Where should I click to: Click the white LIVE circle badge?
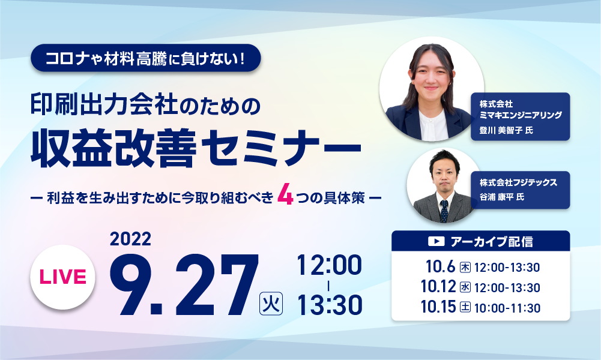pyautogui.click(x=62, y=277)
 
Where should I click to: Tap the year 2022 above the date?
pyautogui.click(x=130, y=239)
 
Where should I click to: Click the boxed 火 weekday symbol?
pyautogui.click(x=271, y=304)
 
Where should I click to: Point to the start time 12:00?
pyautogui.click(x=329, y=265)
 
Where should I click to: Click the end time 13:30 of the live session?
pyautogui.click(x=330, y=305)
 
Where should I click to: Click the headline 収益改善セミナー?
pyautogui.click(x=196, y=148)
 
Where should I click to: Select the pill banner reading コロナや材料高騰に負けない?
pyautogui.click(x=146, y=58)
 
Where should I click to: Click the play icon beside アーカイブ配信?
pyautogui.click(x=436, y=241)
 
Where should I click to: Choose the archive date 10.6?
pyautogui.click(x=440, y=266)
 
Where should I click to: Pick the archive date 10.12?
pyautogui.click(x=438, y=287)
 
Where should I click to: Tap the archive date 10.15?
pyautogui.click(x=438, y=307)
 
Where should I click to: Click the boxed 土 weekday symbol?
pyautogui.click(x=465, y=308)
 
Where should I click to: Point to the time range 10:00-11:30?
pyautogui.click(x=507, y=308)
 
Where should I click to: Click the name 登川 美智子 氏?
pyautogui.click(x=506, y=130)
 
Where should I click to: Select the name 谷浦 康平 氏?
pyautogui.click(x=502, y=197)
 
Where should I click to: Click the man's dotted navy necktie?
pyautogui.click(x=444, y=211)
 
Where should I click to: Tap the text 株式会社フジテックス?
pyautogui.click(x=518, y=182)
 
